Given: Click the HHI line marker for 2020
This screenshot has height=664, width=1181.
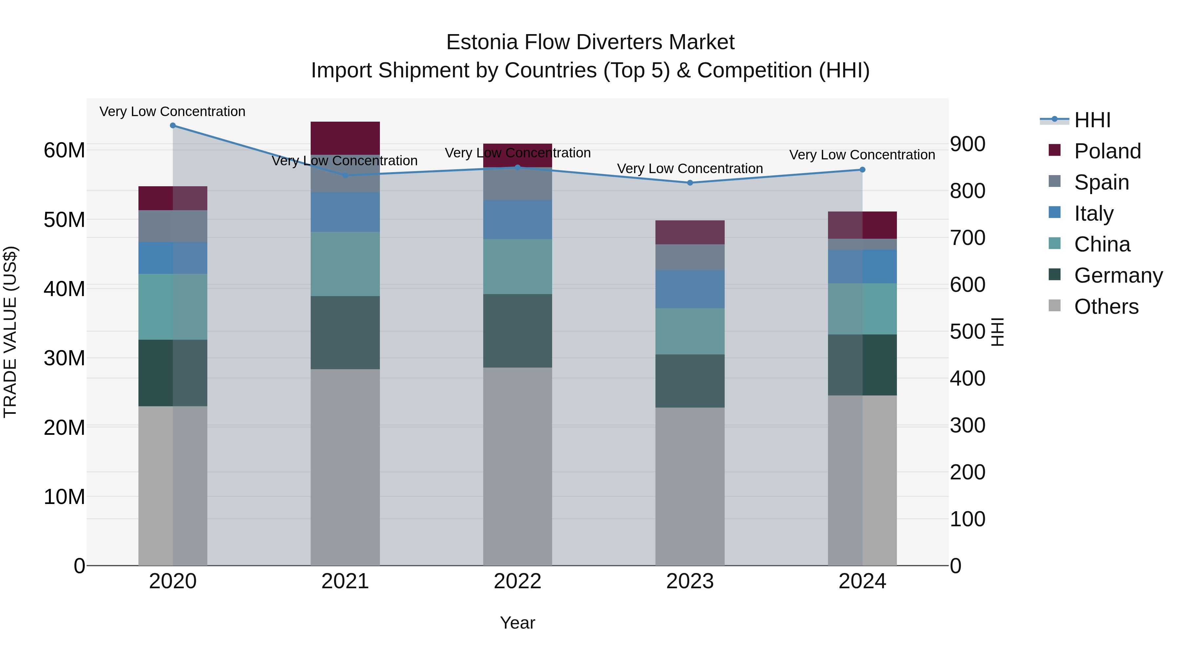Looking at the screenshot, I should pyautogui.click(x=173, y=126).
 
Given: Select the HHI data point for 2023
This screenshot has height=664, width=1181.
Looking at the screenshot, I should pyautogui.click(x=690, y=183).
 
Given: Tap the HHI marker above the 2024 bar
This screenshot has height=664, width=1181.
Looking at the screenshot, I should pyautogui.click(x=862, y=170).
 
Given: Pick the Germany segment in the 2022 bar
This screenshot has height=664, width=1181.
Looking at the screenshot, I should pyautogui.click(x=518, y=331).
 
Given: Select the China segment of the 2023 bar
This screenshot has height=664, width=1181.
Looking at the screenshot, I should pyautogui.click(x=690, y=331).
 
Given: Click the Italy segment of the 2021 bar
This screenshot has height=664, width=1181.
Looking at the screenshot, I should pyautogui.click(x=345, y=212).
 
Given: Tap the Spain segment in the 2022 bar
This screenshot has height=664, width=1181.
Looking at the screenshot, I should pyautogui.click(x=518, y=184).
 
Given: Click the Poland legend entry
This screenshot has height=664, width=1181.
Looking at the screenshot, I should pyautogui.click(x=1107, y=151).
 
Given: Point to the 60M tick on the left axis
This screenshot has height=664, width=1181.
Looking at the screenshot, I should pyautogui.click(x=64, y=150).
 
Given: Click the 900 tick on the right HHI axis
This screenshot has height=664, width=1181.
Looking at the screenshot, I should pyautogui.click(x=967, y=144).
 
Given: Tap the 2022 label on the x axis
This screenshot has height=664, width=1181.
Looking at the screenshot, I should pyautogui.click(x=518, y=581).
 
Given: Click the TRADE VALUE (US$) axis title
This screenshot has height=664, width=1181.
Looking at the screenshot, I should pyautogui.click(x=10, y=332).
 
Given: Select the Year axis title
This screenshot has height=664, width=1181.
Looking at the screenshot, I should pyautogui.click(x=518, y=623).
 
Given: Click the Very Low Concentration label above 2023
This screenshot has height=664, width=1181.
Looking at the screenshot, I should pyautogui.click(x=690, y=169).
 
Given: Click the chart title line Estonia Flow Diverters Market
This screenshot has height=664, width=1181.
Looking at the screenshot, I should pyautogui.click(x=590, y=42).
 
